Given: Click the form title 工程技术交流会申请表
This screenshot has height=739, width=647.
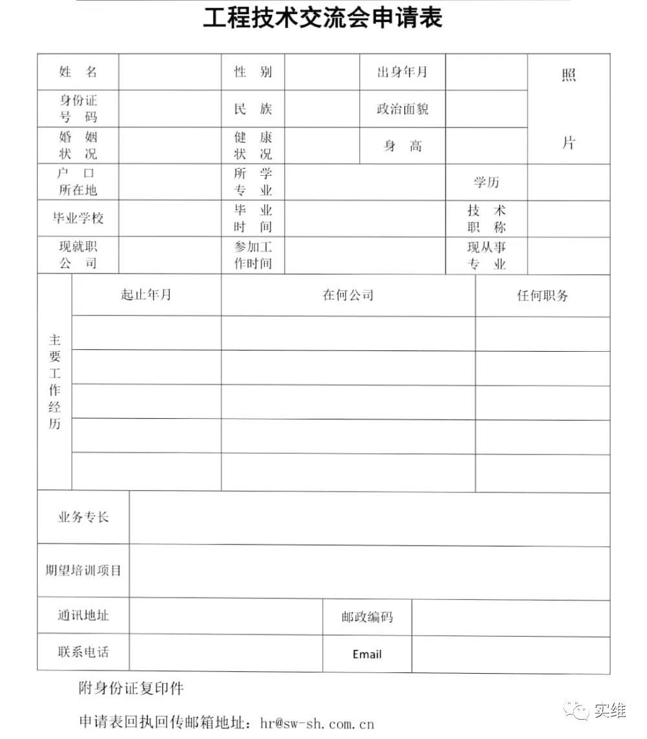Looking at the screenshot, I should (322, 18).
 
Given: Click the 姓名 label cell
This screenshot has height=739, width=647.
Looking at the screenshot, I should (78, 72).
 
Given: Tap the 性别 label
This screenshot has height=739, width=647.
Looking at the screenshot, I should (253, 72).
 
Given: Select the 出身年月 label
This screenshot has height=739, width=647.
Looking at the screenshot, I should (402, 72).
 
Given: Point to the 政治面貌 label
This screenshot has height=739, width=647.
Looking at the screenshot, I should (402, 109).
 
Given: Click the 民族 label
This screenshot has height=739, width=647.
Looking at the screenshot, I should (253, 109).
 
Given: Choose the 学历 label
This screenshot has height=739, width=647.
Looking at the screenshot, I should (487, 182).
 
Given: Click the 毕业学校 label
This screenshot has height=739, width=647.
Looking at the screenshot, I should (78, 218).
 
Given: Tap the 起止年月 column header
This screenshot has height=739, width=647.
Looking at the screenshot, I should (146, 295).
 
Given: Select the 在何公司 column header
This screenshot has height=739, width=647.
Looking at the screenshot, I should (348, 295).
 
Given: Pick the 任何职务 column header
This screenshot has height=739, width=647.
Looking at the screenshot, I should (542, 295).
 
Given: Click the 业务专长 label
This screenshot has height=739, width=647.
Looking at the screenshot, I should (83, 517).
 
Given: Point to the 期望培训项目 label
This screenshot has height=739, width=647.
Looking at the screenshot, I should (83, 571).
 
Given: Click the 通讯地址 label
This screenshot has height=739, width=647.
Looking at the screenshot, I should (83, 615).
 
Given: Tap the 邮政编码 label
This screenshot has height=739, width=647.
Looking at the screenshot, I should (367, 617).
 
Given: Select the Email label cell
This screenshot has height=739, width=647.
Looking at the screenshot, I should (367, 654).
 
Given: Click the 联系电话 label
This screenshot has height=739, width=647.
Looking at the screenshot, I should (83, 652).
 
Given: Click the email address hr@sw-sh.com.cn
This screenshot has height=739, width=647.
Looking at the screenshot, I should (317, 723).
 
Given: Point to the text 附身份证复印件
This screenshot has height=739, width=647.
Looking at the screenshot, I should (131, 688).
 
